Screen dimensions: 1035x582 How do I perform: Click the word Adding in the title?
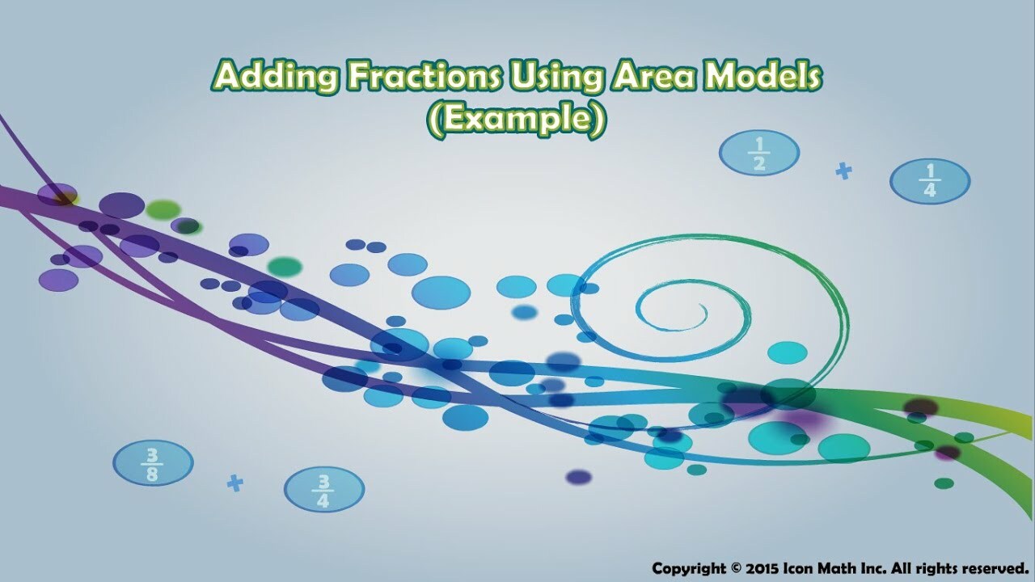[277, 77]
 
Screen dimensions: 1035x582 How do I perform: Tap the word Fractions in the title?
[423, 75]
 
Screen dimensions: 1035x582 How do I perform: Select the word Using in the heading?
[556, 77]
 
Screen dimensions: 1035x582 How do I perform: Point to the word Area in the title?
[653, 75]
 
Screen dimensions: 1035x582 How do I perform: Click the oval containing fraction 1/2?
[759, 153]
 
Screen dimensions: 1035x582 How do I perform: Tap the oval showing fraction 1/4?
[930, 181]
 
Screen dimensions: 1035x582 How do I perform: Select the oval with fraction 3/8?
[153, 463]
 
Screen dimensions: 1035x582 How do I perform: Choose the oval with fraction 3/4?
[324, 490]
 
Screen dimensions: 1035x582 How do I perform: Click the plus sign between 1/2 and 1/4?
[843, 171]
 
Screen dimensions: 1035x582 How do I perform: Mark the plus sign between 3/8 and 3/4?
[235, 483]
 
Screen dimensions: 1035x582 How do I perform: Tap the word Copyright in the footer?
[688, 568]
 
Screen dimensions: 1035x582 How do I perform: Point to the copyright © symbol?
[735, 567]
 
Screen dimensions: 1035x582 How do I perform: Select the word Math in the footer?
[831, 567]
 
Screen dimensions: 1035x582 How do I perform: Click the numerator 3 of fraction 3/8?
[153, 455]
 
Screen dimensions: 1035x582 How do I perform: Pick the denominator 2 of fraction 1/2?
[759, 163]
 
